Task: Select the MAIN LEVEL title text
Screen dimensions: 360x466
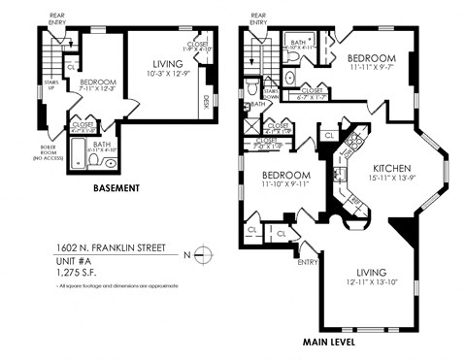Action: pos(326,342)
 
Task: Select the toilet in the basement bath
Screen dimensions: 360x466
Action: pos(93,158)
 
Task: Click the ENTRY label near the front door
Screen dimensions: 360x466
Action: pos(309,260)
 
